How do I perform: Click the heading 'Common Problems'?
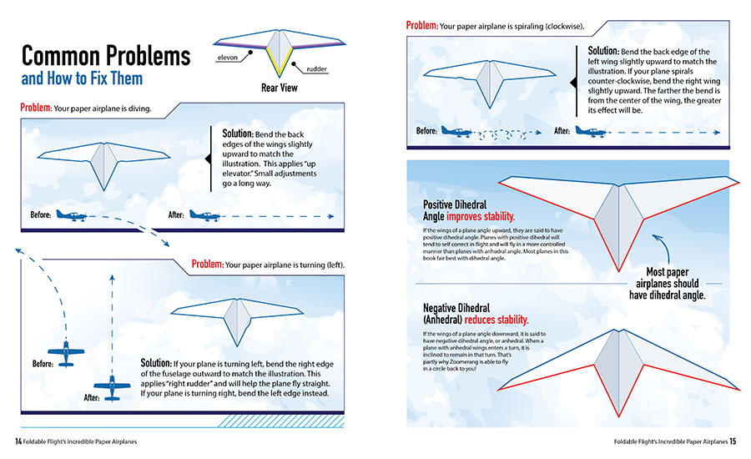(105, 56)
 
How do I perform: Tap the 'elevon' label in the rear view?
(229, 58)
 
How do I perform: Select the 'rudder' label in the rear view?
(317, 69)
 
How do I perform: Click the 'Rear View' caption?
(280, 86)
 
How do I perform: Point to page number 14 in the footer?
(18, 441)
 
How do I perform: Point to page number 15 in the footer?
(732, 441)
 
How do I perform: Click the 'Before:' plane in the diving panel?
(72, 215)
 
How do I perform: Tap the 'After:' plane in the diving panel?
(204, 215)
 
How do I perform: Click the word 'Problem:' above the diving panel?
(36, 108)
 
